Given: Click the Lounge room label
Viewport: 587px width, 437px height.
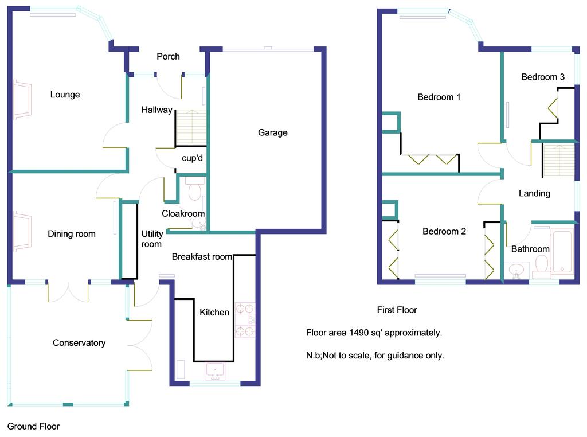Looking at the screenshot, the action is coord(65,95).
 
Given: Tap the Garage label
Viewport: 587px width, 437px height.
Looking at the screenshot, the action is coord(272,132).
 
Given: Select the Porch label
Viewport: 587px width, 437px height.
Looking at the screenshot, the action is coord(168,57).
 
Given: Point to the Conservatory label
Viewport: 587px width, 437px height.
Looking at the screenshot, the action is coord(79,342).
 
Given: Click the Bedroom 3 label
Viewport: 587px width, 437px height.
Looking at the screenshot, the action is coord(543,77).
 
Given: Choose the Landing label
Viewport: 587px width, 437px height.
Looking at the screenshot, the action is coord(534,193).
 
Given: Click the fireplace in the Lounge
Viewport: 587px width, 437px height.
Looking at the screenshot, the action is coord(22,100).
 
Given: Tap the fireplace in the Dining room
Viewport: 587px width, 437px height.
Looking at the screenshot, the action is coord(22,232).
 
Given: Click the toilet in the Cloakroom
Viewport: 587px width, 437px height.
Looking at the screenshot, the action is coord(195,189).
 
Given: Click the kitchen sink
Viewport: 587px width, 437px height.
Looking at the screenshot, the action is coord(215,372).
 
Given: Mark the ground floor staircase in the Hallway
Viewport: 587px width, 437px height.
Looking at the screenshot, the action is coord(191,128).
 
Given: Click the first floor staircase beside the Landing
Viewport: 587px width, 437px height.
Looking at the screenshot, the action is coord(558,160).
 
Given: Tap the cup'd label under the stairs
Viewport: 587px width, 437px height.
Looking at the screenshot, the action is coord(193,158).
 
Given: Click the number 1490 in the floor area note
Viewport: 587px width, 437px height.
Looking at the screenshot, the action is coord(359,333).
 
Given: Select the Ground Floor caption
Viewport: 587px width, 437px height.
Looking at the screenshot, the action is coord(33,426).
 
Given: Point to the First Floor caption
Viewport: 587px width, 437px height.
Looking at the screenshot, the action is coord(397,310).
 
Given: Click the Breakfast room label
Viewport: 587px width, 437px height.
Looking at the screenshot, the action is coord(202,256).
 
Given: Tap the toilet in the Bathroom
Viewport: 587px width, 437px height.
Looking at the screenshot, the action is coord(541,267).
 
